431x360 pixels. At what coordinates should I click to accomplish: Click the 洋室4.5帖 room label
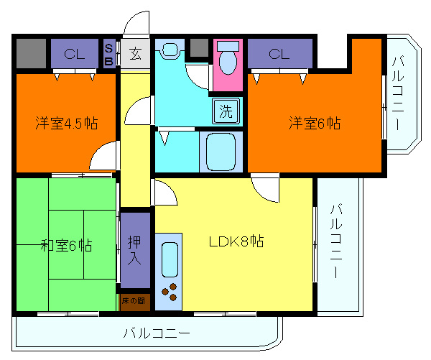click(x=66, y=122)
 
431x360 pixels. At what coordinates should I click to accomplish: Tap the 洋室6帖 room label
click(x=315, y=123)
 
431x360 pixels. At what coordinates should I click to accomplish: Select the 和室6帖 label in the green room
click(x=65, y=246)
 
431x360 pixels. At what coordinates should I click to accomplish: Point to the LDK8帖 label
click(x=236, y=241)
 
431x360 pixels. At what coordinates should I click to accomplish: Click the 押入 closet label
click(x=135, y=249)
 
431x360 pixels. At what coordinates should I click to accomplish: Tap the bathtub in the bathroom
click(x=221, y=150)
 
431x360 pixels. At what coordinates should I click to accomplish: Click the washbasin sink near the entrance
click(x=170, y=51)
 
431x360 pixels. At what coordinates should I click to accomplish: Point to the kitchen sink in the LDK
click(x=170, y=260)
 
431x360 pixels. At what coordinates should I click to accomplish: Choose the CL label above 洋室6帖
click(x=279, y=53)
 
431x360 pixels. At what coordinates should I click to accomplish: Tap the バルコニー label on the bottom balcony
click(x=156, y=334)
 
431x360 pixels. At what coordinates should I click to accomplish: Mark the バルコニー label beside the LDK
click(x=335, y=241)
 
